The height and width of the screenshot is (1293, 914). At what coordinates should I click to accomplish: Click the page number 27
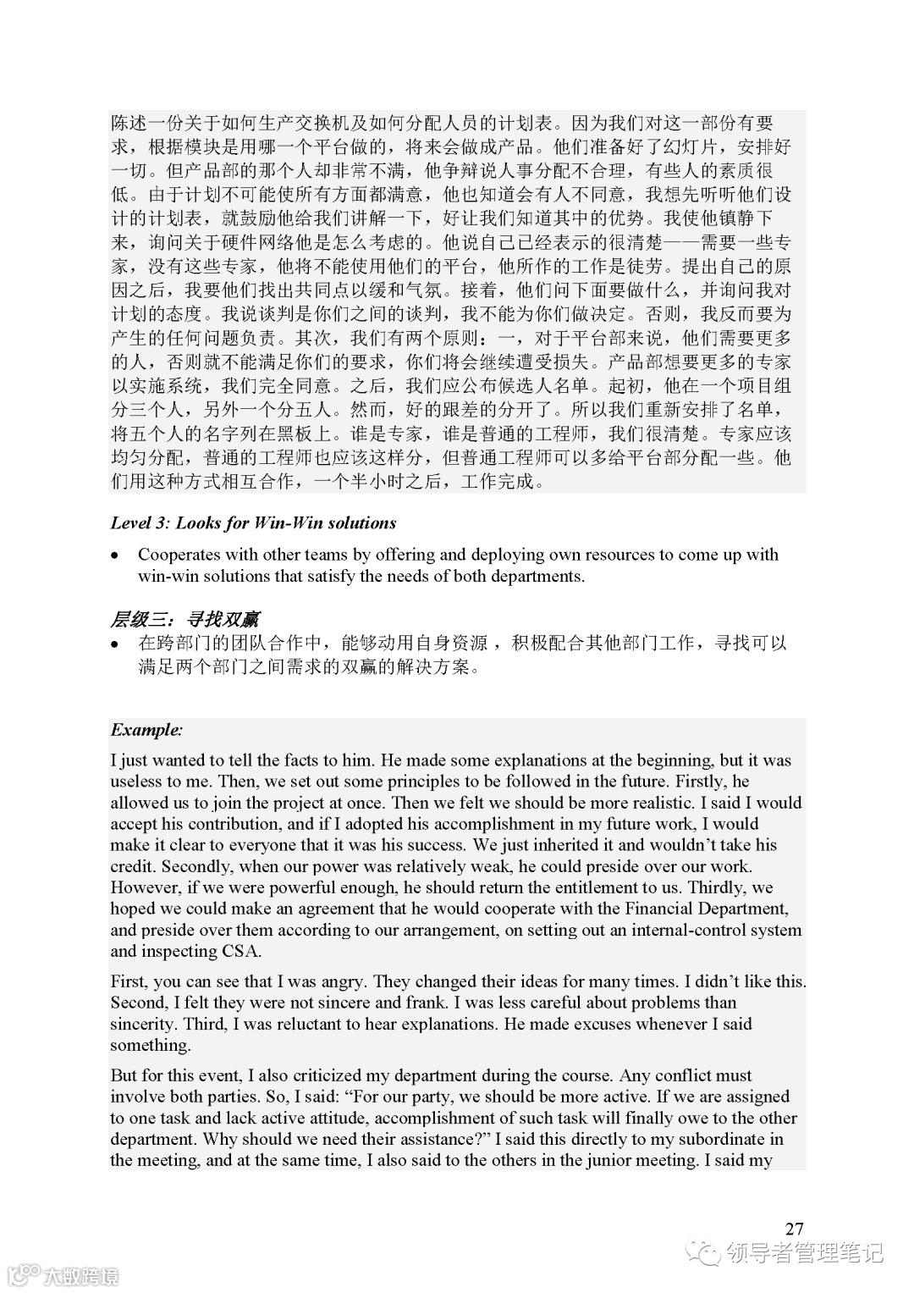[x=794, y=1229]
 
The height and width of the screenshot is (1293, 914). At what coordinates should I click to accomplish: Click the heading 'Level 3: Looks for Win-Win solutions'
[x=253, y=523]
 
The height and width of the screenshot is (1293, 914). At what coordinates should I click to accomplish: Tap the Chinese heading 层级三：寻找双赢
[x=184, y=620]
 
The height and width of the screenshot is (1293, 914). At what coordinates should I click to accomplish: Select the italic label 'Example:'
[x=146, y=730]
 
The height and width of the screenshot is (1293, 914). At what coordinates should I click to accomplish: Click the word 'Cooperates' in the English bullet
[x=179, y=555]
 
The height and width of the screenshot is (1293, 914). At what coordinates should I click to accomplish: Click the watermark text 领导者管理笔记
[x=804, y=1252]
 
